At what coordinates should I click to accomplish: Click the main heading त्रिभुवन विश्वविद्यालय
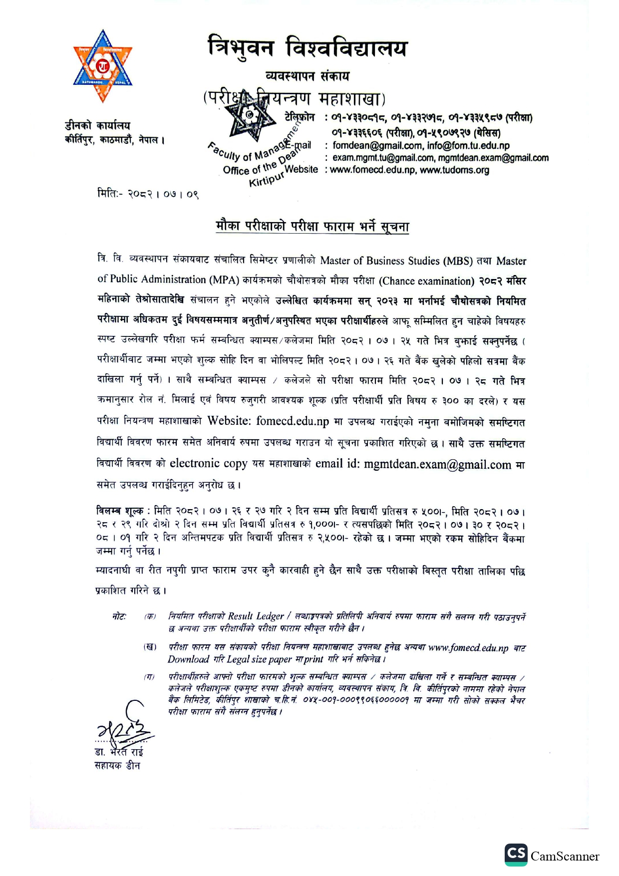pos(308,48)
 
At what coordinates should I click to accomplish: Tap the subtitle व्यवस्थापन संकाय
pos(308,76)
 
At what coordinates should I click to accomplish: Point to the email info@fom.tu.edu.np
pos(468,146)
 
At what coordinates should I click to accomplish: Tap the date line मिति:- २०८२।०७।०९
pos(148,194)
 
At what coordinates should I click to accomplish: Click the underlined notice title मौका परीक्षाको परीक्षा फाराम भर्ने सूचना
pos(312,227)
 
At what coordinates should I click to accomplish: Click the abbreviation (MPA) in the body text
pos(224,280)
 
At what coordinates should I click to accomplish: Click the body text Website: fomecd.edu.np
pos(268,421)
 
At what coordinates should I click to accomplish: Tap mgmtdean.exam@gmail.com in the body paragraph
pos(437,465)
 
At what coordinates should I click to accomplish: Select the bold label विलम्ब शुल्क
pos(120,511)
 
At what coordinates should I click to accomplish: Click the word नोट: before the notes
pos(119,617)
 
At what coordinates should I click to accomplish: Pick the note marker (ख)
pos(150,647)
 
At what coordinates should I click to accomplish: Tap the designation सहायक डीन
pos(117,766)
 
